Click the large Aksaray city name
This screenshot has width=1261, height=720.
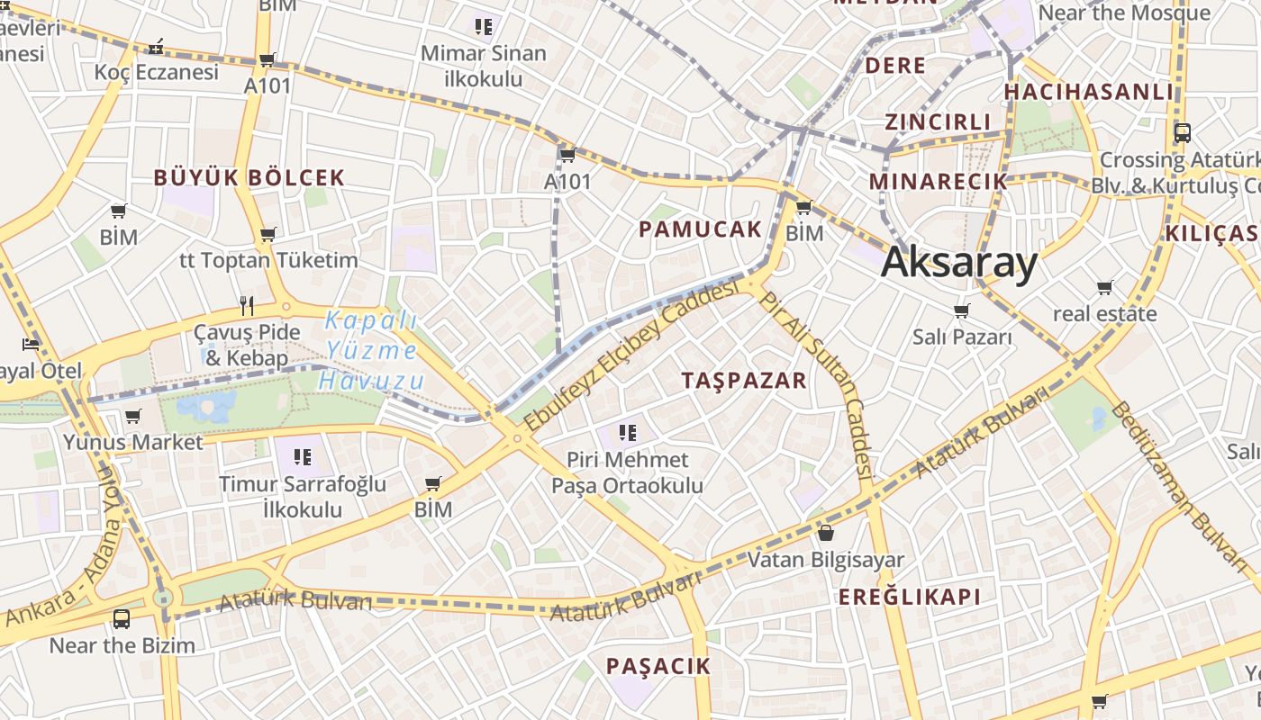tap(959, 263)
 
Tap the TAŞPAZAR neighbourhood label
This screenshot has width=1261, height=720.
tap(744, 380)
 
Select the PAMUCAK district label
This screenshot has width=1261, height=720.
tap(700, 229)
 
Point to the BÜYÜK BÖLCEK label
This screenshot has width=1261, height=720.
tap(249, 177)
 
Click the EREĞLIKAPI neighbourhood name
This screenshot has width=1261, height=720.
tap(910, 597)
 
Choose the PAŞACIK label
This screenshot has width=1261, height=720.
tap(658, 666)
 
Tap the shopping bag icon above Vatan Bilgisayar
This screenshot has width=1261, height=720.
tap(826, 533)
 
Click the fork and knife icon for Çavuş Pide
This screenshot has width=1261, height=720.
tap(247, 305)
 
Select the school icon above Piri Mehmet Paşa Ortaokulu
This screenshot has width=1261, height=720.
tap(628, 433)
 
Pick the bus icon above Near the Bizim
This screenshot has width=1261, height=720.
tap(122, 619)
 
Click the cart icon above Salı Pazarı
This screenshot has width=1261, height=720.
tap(962, 311)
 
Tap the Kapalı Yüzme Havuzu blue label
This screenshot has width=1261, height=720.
tap(371, 350)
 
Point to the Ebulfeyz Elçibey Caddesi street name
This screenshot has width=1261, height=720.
tap(631, 359)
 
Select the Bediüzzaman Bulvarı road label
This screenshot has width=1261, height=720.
tap(1181, 486)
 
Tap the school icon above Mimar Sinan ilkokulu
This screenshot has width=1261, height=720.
tap(484, 27)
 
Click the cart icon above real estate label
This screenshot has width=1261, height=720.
tap(1104, 288)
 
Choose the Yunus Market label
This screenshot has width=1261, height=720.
tap(133, 442)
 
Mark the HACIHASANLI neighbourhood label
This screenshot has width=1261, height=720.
tap(1089, 92)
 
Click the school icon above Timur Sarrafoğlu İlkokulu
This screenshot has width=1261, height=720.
tap(302, 457)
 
